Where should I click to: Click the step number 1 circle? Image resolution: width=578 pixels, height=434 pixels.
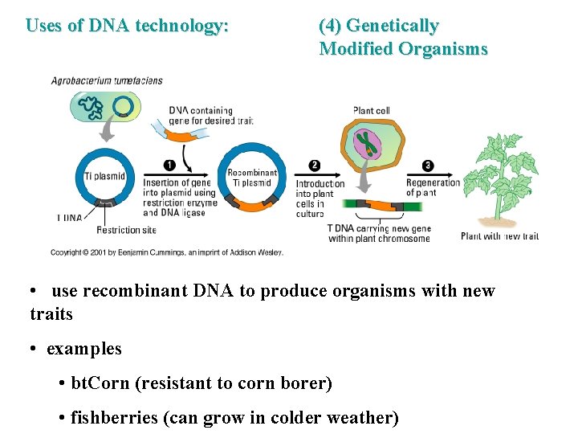[x=169, y=166]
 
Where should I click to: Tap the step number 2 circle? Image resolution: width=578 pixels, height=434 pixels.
[x=314, y=166]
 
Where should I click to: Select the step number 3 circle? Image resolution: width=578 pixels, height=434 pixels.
[x=427, y=166]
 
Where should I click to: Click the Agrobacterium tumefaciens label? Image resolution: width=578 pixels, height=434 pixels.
[x=107, y=80]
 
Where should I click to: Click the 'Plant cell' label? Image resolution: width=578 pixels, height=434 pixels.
[x=372, y=110]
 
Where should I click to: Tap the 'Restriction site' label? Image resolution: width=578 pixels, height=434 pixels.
[x=126, y=231]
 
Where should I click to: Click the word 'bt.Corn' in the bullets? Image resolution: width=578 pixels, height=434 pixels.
[x=100, y=383]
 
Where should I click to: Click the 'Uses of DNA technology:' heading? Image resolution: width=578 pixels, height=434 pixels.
[x=127, y=26]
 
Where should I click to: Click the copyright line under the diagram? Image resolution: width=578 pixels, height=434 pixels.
[x=167, y=252]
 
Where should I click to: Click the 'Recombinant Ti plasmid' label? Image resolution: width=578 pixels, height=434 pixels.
[x=252, y=178]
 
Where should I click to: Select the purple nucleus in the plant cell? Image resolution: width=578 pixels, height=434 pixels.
[x=368, y=144]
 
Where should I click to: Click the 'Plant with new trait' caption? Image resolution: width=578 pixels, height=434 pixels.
[x=499, y=236]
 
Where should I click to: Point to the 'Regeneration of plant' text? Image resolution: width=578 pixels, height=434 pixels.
[x=433, y=188]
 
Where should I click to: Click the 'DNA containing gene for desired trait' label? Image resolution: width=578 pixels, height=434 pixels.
[x=211, y=116]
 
